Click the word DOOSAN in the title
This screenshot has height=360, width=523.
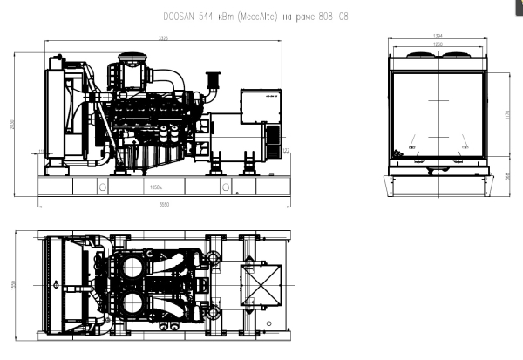pyautogui.click(x=178, y=17)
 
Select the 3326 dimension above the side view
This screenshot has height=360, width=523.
pyautogui.click(x=162, y=38)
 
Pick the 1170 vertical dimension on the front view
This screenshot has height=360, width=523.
pyautogui.click(x=507, y=114)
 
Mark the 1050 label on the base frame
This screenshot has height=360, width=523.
pyautogui.click(x=157, y=187)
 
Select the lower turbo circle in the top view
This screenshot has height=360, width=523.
pyautogui.click(x=134, y=305)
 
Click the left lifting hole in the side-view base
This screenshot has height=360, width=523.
pyautogui.click(x=103, y=187)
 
